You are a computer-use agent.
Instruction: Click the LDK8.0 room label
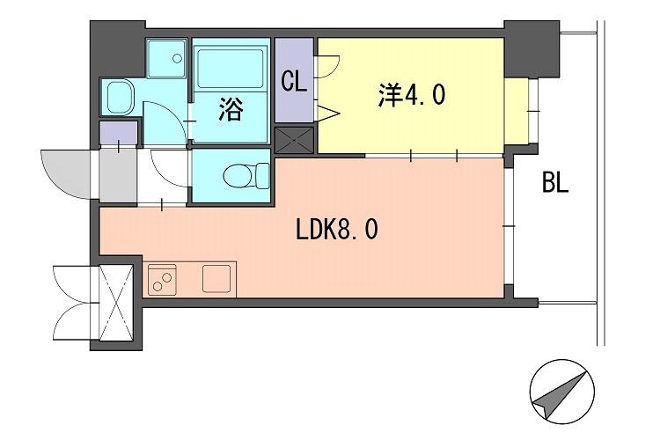point(338,231)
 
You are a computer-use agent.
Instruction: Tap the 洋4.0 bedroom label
point(413,94)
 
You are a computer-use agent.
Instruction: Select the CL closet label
point(293,82)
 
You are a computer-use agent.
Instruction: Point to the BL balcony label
point(555,184)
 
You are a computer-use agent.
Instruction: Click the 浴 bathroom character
point(230,111)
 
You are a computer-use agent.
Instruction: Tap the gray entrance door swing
point(65,172)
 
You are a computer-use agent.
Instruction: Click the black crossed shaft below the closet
point(296,141)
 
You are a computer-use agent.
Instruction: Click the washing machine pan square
point(166,58)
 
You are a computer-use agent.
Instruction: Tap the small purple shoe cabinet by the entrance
point(118,133)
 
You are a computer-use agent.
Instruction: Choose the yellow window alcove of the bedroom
point(519,109)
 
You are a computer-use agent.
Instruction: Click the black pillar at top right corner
point(532,49)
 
